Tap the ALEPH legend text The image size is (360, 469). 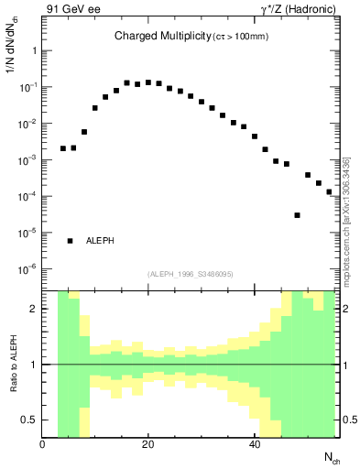click(100, 241)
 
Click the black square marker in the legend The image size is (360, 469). click(70, 241)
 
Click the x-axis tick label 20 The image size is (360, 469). click(147, 445)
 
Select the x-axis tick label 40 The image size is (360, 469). click(254, 445)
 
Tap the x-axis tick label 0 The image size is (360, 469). click(42, 445)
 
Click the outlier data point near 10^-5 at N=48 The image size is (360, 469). click(297, 215)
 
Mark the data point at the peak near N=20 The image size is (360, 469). click(148, 82)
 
